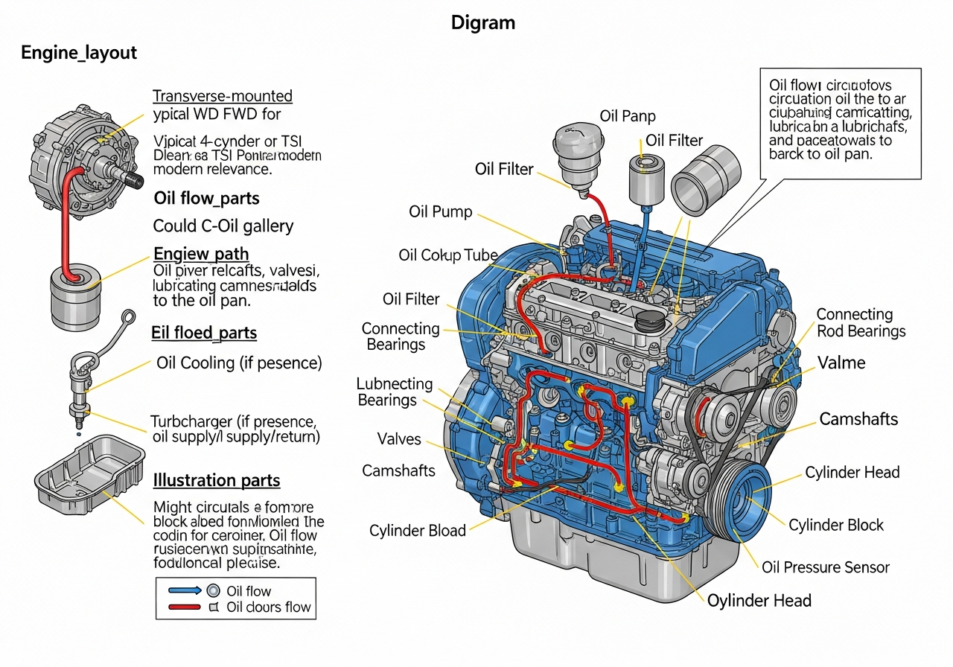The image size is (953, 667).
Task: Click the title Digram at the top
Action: coord(482,23)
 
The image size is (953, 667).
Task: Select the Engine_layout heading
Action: coord(79,53)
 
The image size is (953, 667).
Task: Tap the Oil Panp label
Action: coord(628,116)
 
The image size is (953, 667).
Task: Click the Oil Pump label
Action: coord(440,212)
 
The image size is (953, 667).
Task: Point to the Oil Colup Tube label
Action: coord(447,255)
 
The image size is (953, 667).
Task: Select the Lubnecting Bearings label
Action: coord(394,392)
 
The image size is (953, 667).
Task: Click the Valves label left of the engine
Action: coord(398,439)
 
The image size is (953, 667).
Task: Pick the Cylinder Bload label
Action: coord(417,531)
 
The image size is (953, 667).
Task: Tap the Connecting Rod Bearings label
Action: coord(861,323)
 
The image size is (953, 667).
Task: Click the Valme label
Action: coord(841,363)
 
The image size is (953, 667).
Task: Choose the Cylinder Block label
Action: coord(835,525)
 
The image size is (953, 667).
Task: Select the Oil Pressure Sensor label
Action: coord(825,567)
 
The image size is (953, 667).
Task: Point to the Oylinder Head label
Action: coord(759,601)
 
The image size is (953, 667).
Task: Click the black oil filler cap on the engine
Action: coord(650,322)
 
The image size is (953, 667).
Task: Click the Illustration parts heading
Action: coord(216,481)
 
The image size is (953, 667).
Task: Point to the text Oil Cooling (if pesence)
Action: coord(239,363)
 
